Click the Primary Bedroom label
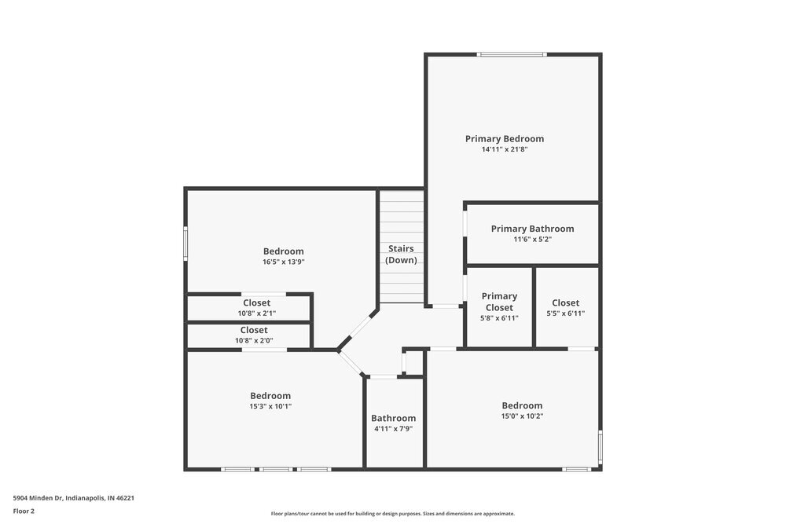click(x=504, y=139)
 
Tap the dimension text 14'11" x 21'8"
click(x=504, y=149)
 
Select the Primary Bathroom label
click(x=532, y=229)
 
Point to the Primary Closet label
click(x=499, y=302)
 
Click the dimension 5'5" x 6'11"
click(x=565, y=313)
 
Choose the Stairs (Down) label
click(x=401, y=255)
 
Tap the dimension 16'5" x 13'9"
click(x=283, y=262)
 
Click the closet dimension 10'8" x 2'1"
click(x=255, y=313)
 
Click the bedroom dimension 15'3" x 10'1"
click(x=270, y=406)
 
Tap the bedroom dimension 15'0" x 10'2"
click(x=522, y=416)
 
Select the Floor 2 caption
click(x=24, y=511)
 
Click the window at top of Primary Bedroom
click(x=512, y=54)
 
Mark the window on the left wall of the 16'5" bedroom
click(x=185, y=243)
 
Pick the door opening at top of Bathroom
click(x=384, y=377)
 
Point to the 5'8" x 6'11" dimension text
click(x=499, y=318)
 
